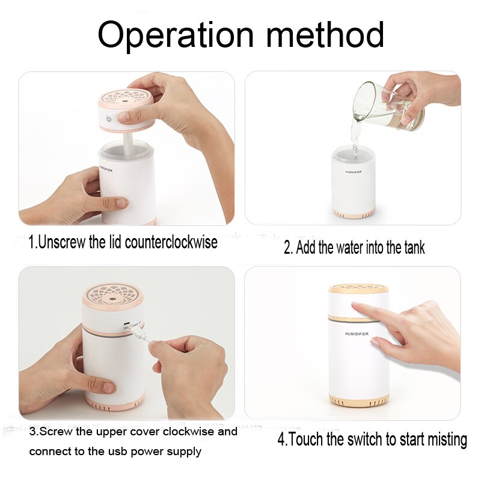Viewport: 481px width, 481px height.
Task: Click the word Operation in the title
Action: [x=174, y=35]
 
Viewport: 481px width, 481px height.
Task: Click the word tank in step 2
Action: [x=413, y=247]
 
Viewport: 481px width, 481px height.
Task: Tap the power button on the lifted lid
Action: [x=108, y=118]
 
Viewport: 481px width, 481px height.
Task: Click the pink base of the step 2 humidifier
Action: [x=355, y=213]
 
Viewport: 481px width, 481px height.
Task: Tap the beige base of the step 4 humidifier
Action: [x=358, y=399]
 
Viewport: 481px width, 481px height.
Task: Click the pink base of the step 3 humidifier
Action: [x=114, y=400]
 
